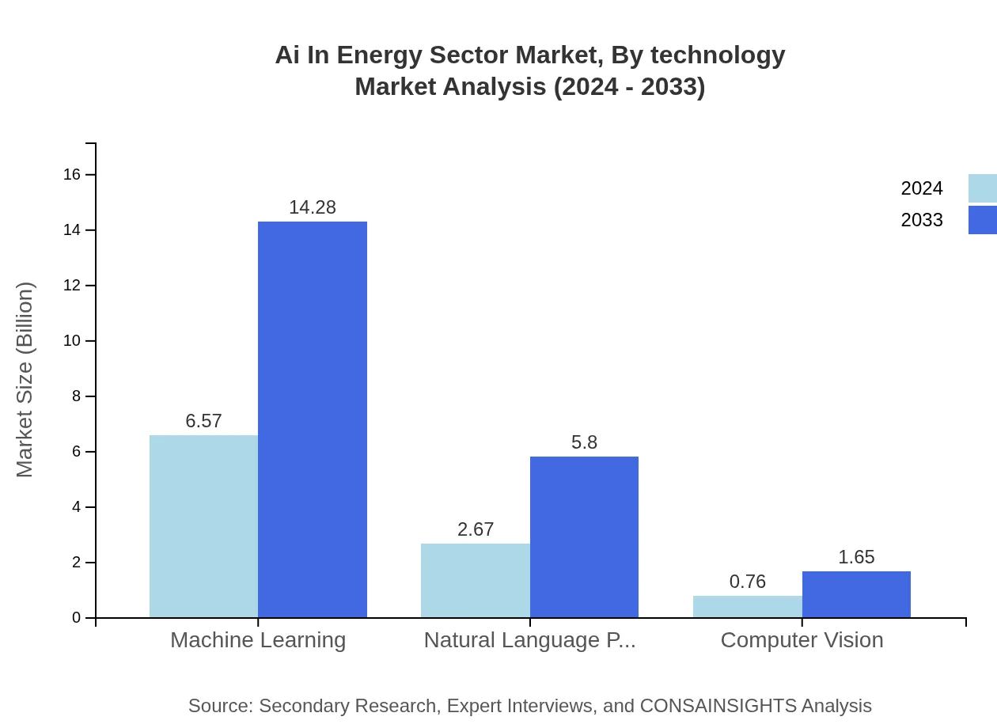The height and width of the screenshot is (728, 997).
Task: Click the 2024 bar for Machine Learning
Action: (x=203, y=526)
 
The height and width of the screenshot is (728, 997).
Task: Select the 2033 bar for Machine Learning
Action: (x=313, y=419)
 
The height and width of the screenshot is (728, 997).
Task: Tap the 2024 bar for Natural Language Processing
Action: (x=476, y=580)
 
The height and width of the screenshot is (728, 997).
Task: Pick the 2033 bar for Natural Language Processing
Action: (x=584, y=537)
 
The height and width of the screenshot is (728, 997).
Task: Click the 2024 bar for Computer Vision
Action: (x=748, y=606)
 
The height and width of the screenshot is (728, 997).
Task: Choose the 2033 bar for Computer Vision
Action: (x=856, y=594)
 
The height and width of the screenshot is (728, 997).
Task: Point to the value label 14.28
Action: (x=313, y=207)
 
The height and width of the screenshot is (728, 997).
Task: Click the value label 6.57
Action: (x=203, y=421)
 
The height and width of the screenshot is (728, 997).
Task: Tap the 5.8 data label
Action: (x=584, y=442)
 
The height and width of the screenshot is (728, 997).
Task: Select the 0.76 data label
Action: (x=748, y=582)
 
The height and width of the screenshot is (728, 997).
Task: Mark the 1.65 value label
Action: (x=856, y=557)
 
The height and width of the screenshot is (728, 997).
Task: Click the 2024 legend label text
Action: (x=922, y=188)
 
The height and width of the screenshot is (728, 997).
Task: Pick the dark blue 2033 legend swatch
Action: (x=982, y=220)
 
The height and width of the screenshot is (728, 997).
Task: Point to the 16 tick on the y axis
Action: (x=72, y=174)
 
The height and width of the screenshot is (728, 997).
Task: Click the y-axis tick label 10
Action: (x=72, y=341)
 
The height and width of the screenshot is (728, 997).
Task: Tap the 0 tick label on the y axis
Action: (x=77, y=618)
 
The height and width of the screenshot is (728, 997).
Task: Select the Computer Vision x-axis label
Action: (x=802, y=639)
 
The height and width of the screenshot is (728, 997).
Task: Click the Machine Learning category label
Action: (x=258, y=639)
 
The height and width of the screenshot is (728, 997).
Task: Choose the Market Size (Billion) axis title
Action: (x=25, y=380)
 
